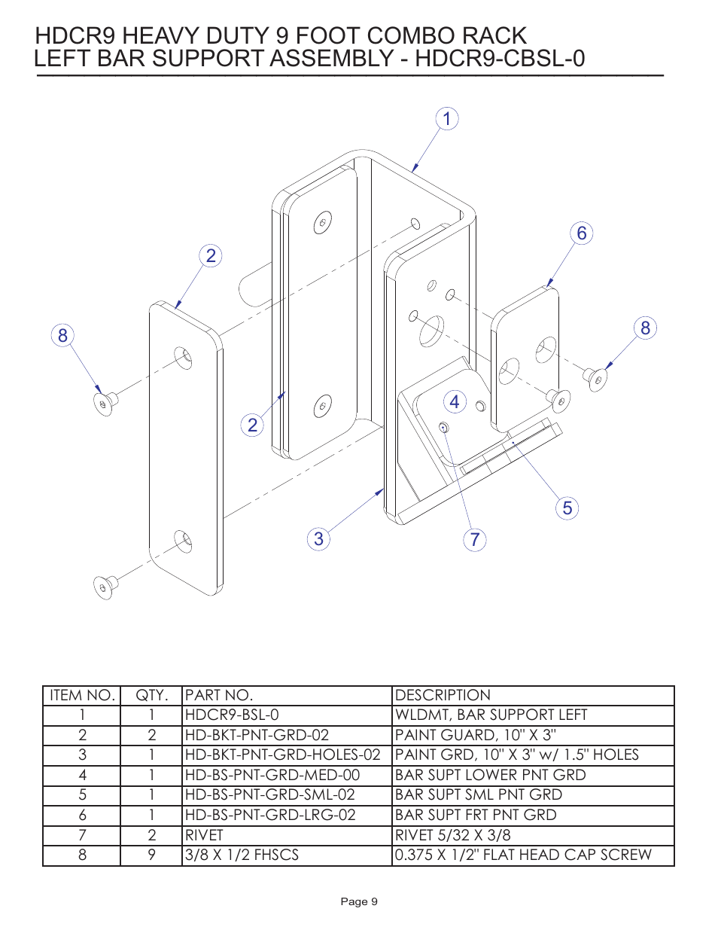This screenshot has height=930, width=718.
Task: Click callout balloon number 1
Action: point(447,119)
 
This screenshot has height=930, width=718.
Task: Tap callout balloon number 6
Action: point(581,233)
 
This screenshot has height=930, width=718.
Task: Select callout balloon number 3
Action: point(318,539)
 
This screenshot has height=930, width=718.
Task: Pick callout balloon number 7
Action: point(475,540)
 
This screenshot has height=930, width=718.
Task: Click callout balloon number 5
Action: point(567,508)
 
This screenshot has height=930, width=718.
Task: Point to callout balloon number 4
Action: point(454,402)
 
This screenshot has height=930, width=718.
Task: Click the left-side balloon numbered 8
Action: point(63,336)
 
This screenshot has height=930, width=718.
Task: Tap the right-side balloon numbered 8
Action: point(645,328)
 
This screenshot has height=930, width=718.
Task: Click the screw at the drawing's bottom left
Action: point(105,586)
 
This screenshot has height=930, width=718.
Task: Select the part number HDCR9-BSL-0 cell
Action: point(232,715)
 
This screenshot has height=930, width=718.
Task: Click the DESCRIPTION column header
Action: point(443,695)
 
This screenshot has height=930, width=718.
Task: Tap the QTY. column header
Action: point(151,695)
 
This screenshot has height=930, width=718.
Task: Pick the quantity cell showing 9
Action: point(151,855)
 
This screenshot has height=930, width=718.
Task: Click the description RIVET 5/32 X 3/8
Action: point(452,835)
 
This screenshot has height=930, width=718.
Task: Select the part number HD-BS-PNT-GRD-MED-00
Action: point(272,775)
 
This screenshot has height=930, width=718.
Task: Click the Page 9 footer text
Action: point(359,901)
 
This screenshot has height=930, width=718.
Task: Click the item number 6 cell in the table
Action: point(82,815)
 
